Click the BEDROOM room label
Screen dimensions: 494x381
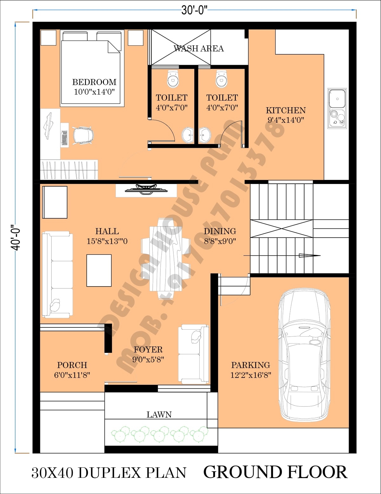coord(94,82)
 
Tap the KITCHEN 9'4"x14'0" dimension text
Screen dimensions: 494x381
coord(286,120)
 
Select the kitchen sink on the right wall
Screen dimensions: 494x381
coord(337,108)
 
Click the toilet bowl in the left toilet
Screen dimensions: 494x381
coord(173,79)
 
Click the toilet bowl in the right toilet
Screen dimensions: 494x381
coord(222,79)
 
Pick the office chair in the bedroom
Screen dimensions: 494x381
coord(83,136)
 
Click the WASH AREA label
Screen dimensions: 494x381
coord(198,49)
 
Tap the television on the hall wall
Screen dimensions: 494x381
coord(146,189)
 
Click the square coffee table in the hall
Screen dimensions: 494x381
coord(99,271)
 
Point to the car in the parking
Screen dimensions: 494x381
coord(304,355)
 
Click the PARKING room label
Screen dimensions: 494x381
coord(251,365)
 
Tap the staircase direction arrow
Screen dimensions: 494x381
coord(309,255)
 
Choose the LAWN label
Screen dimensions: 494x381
coord(159,415)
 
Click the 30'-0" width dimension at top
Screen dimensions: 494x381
coord(194,10)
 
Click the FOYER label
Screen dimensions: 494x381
coord(148,350)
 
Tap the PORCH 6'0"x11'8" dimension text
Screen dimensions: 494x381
coord(72,375)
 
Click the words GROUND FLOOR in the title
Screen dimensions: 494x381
coord(275,472)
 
